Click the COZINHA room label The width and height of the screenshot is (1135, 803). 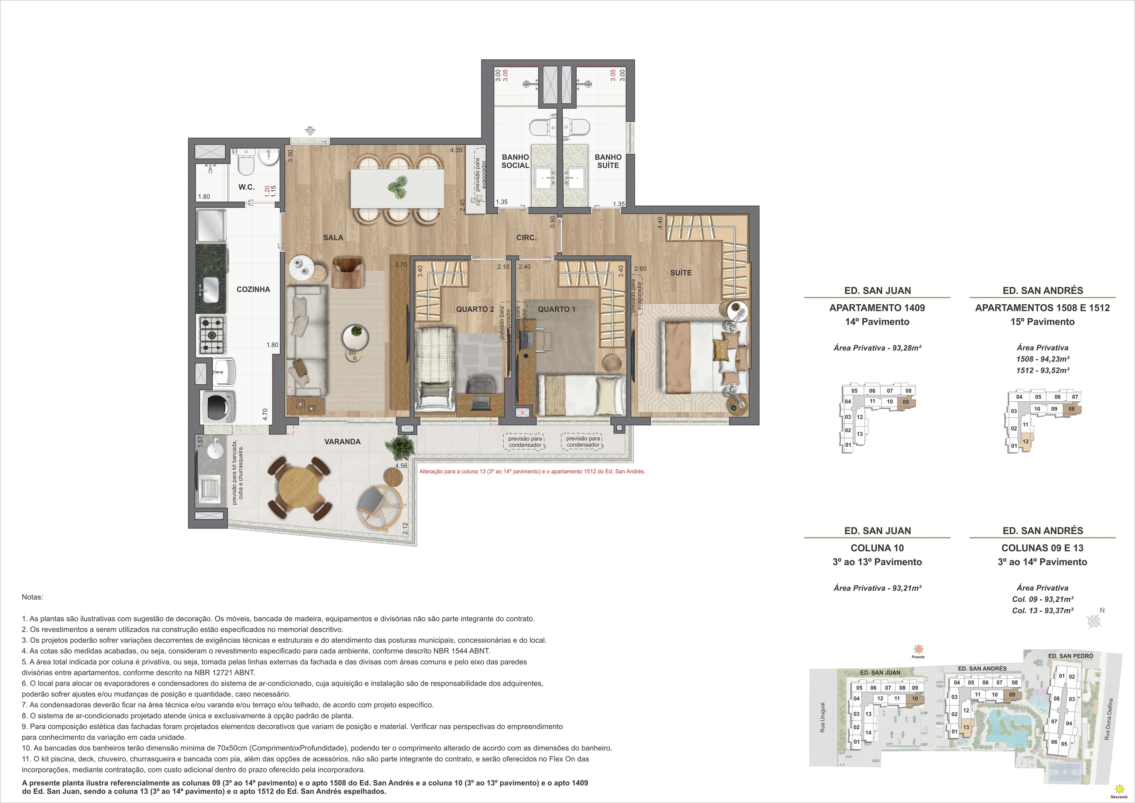point(253,289)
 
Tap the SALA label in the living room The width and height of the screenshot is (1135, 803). point(333,238)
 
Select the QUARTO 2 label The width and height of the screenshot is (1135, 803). point(475,309)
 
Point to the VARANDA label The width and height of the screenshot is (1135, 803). point(342,441)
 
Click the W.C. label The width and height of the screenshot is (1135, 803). point(246,187)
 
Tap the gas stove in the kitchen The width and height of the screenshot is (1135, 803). point(211,335)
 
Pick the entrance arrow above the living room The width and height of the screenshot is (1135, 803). point(310,131)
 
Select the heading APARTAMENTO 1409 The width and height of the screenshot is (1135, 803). point(877,307)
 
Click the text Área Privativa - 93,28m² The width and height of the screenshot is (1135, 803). point(877,348)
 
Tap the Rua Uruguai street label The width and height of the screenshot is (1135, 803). point(822,717)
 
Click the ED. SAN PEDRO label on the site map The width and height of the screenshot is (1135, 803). point(1071,656)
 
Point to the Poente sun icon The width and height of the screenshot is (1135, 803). point(918,649)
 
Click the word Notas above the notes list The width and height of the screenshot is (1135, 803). point(32,597)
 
